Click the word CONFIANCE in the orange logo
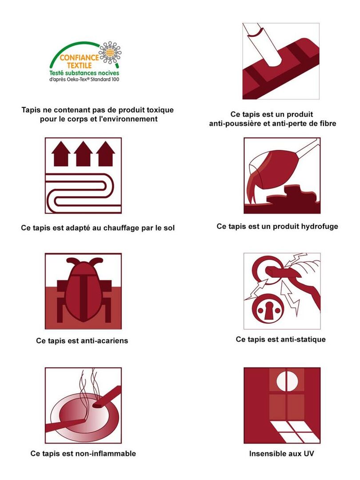click(79, 57)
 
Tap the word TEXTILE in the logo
click(79, 65)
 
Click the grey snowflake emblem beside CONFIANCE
click(110, 52)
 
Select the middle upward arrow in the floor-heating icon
click(83, 154)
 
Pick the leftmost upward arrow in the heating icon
click(61, 154)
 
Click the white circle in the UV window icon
click(287, 381)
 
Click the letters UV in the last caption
click(308, 454)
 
